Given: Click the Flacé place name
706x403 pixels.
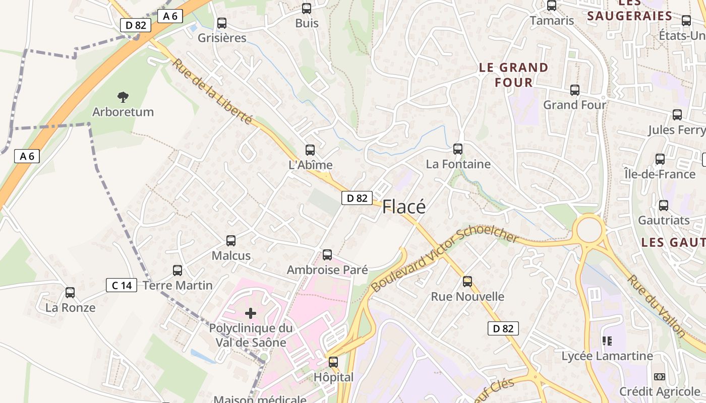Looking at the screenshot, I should click(x=404, y=207).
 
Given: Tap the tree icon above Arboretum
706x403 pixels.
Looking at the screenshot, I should click(x=123, y=97).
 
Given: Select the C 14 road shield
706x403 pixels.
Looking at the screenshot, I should click(x=122, y=286).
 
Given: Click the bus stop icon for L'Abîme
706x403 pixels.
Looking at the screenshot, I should click(x=310, y=150).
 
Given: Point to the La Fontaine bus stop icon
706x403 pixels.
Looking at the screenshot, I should click(x=458, y=149).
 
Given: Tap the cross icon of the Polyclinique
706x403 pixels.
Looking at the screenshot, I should click(x=251, y=313).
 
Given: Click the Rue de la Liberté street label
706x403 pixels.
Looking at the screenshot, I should click(x=212, y=92).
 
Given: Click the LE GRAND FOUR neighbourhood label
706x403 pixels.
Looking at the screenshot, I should click(x=513, y=75).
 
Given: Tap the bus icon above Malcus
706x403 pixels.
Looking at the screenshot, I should click(x=231, y=240).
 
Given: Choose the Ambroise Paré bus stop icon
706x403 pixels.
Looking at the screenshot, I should click(x=327, y=254).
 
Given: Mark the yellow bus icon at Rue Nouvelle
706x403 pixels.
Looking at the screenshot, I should click(x=467, y=281).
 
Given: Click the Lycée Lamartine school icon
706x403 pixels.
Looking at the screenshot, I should click(x=607, y=341).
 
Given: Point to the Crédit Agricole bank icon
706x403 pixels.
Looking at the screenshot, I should click(x=659, y=377).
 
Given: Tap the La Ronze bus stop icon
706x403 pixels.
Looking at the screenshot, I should click(x=70, y=292).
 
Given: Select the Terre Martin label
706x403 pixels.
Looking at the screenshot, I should click(x=178, y=286).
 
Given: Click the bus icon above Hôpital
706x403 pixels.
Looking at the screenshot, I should click(x=333, y=362).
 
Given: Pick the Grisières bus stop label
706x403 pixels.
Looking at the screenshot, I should click(x=222, y=38).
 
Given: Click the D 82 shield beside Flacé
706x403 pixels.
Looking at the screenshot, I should click(x=357, y=198).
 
